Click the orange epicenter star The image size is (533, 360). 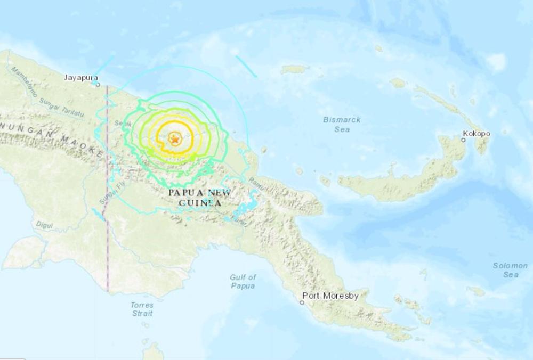coord(174,139)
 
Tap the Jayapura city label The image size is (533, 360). coord(79,77)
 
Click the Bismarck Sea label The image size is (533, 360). coord(342,124)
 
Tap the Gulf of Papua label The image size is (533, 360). coord(243,281)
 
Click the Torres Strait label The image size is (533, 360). coord(142,309)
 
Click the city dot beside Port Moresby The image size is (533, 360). coord(302,302)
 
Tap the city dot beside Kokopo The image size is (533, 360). coord(463,140)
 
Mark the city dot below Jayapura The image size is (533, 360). coord(98,84)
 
